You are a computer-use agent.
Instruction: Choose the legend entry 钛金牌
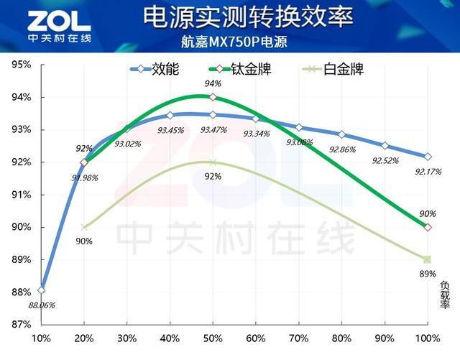[x=246, y=70]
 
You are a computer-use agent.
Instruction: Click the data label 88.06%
[x=42, y=305]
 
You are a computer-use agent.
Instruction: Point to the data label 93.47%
[x=213, y=130]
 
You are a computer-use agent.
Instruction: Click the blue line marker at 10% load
[x=42, y=290]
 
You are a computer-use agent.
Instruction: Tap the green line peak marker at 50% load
[x=213, y=97]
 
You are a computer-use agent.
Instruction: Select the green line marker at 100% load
[x=428, y=227]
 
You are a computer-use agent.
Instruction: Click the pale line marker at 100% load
[x=428, y=259]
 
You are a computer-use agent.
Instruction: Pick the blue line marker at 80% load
[x=341, y=134]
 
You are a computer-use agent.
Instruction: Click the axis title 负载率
[x=445, y=294]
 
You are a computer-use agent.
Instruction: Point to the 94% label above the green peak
[x=213, y=83]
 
